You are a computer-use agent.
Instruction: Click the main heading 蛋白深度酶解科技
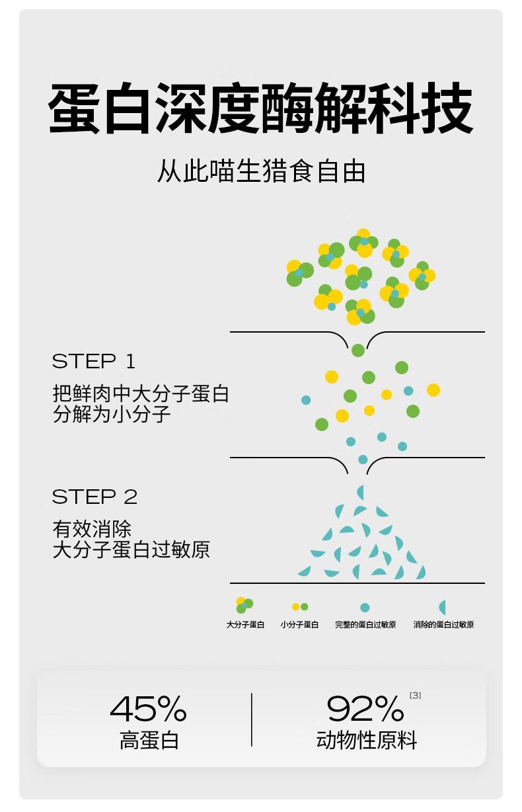coord(260,108)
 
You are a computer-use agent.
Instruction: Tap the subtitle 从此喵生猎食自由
coord(261,171)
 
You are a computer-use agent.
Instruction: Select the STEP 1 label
coord(94,361)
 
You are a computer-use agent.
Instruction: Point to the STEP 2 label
coord(94,497)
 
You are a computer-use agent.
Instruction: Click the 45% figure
coord(148,708)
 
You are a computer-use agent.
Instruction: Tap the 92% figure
coord(365,708)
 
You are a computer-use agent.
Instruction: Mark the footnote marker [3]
coord(415,695)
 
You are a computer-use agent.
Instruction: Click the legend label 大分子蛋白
coord(245,625)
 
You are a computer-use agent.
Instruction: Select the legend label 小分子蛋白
coord(299,625)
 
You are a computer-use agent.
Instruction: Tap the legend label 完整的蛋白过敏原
coord(365,625)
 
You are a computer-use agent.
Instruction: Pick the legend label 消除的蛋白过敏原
coord(443,625)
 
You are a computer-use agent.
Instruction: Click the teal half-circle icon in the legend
coord(442,607)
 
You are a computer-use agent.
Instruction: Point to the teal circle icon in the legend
coord(365,608)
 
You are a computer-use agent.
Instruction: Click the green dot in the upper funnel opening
coord(358,350)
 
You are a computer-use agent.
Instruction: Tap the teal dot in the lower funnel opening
coord(363,460)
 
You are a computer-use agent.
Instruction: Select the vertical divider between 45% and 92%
coord(252,719)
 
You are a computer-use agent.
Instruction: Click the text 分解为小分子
coord(112,414)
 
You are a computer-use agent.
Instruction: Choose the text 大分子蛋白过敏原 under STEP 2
coord(131,549)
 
